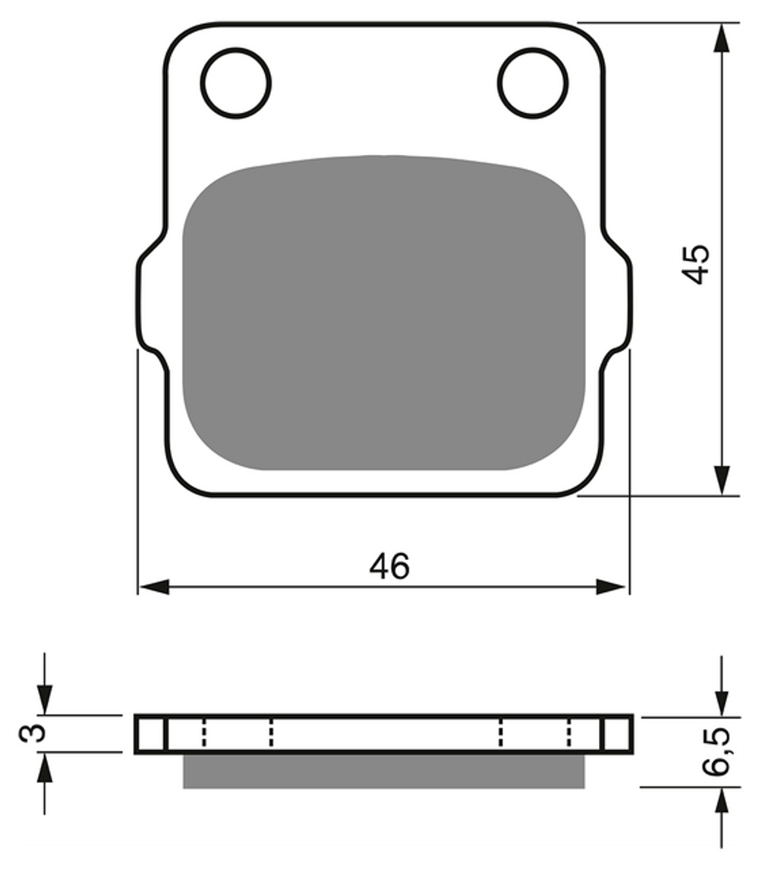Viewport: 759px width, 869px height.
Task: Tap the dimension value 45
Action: [x=695, y=264]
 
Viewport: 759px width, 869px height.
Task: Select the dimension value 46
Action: [x=389, y=566]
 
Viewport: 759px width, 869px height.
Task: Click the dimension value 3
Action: [x=32, y=733]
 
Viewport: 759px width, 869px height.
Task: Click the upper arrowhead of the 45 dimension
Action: [x=721, y=38]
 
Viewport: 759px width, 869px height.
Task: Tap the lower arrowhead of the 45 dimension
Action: [x=721, y=480]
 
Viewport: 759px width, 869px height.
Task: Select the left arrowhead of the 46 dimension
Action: [x=154, y=587]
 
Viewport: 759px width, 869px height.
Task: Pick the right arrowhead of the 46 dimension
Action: [x=612, y=587]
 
